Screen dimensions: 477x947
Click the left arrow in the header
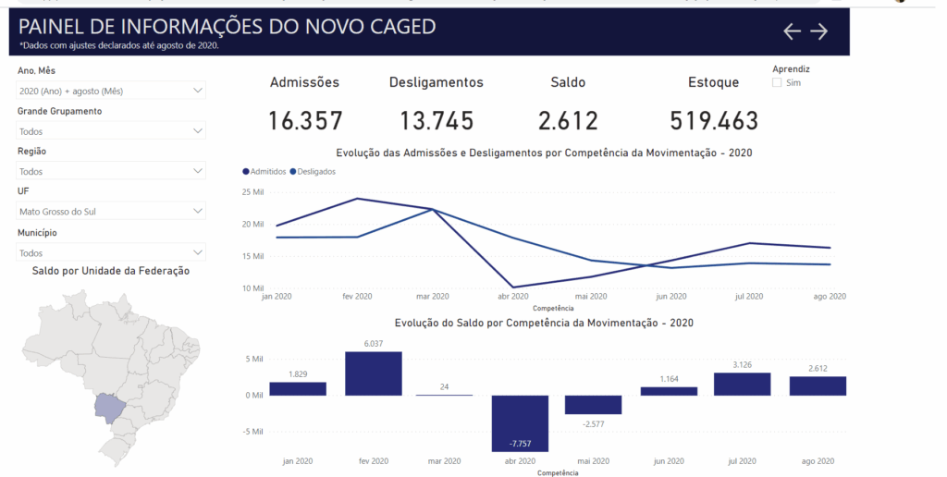(792, 31)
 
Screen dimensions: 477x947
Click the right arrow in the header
(819, 31)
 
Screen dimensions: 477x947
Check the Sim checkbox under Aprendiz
(777, 83)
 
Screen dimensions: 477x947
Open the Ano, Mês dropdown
(111, 91)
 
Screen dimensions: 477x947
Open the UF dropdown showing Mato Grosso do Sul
(111, 212)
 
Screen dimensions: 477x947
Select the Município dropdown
(111, 252)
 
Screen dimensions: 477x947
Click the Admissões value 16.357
(305, 121)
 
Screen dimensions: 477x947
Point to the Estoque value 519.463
(713, 121)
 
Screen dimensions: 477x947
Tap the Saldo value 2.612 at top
(568, 121)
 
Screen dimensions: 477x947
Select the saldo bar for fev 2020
(374, 373)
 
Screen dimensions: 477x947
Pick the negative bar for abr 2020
(520, 422)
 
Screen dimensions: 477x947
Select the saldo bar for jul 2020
(743, 384)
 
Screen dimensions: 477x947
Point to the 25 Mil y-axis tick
(253, 192)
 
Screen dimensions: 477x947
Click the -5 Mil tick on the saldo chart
(252, 432)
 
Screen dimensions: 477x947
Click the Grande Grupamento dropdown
(111, 131)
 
